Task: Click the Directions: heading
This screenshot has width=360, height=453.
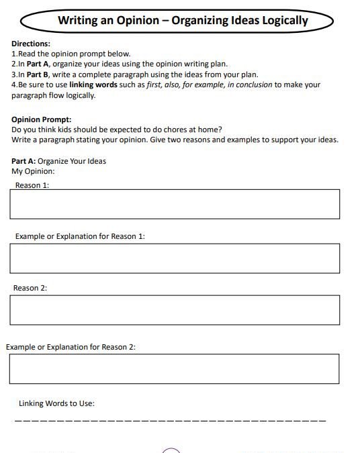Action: [x=31, y=44]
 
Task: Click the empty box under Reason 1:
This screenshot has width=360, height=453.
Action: [x=175, y=204]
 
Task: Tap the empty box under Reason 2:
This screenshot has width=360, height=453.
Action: [x=175, y=310]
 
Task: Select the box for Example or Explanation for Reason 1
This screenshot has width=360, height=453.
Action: [x=175, y=258]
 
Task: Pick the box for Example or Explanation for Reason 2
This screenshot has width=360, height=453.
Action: [x=175, y=368]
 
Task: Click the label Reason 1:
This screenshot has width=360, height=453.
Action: [x=32, y=185]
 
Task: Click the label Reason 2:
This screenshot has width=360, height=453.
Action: [x=30, y=288]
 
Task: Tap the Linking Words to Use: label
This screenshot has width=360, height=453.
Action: [x=56, y=403]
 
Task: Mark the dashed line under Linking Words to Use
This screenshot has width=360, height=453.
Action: [x=170, y=421]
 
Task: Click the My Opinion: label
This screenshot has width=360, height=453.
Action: [x=33, y=171]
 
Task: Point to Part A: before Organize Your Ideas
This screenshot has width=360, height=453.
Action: [x=24, y=161]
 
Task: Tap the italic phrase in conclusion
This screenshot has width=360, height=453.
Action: [x=249, y=85]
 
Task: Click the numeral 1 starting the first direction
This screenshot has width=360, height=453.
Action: [x=13, y=54]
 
